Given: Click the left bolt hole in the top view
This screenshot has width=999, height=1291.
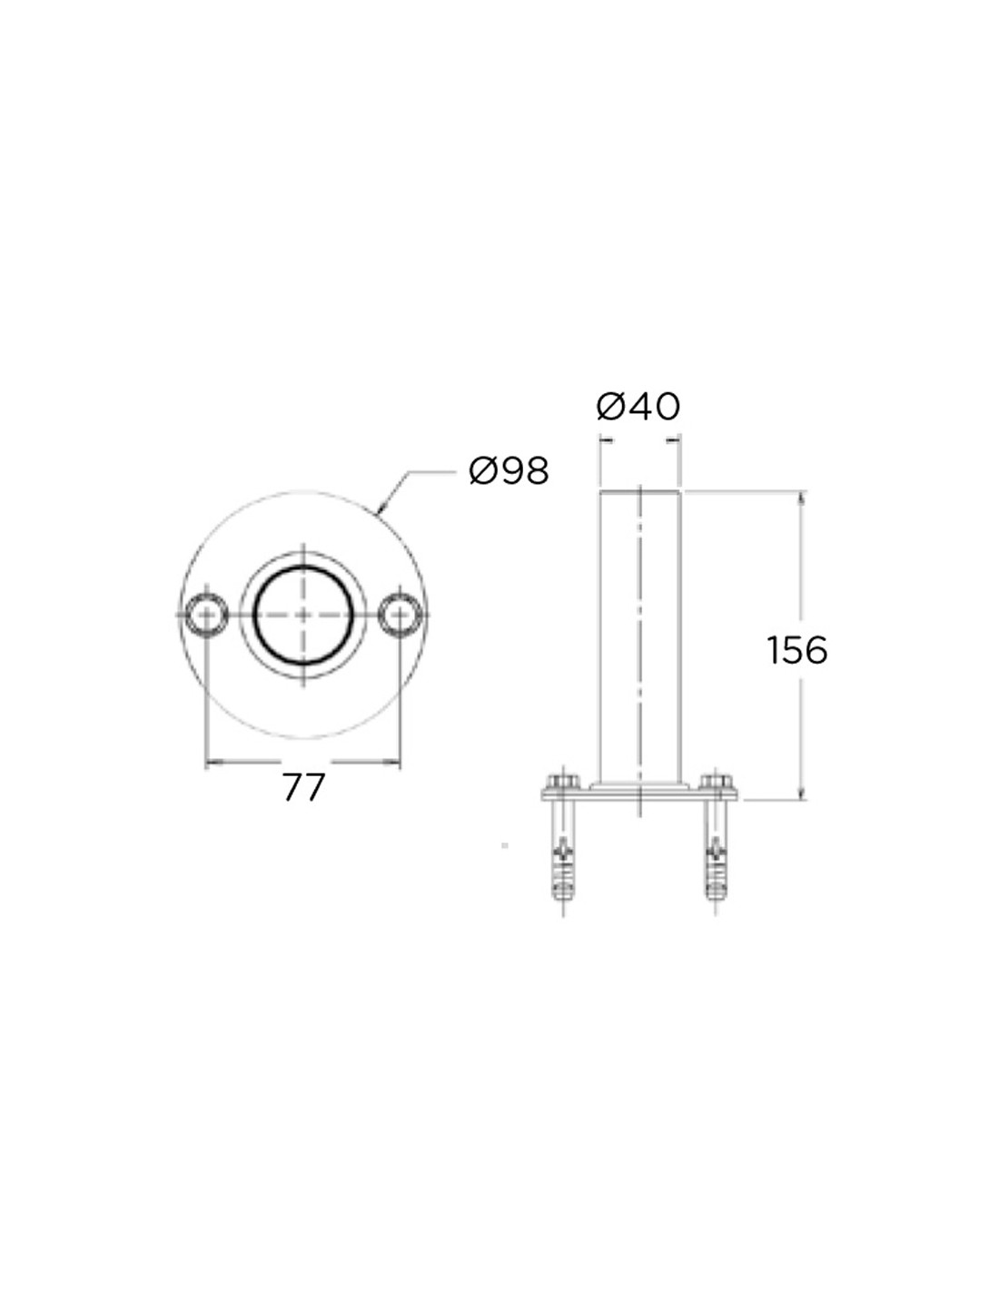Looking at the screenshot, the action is click(x=205, y=615).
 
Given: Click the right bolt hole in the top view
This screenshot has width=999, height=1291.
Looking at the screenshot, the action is click(x=400, y=615).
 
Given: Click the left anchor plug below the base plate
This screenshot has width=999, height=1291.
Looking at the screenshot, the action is click(x=560, y=857).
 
